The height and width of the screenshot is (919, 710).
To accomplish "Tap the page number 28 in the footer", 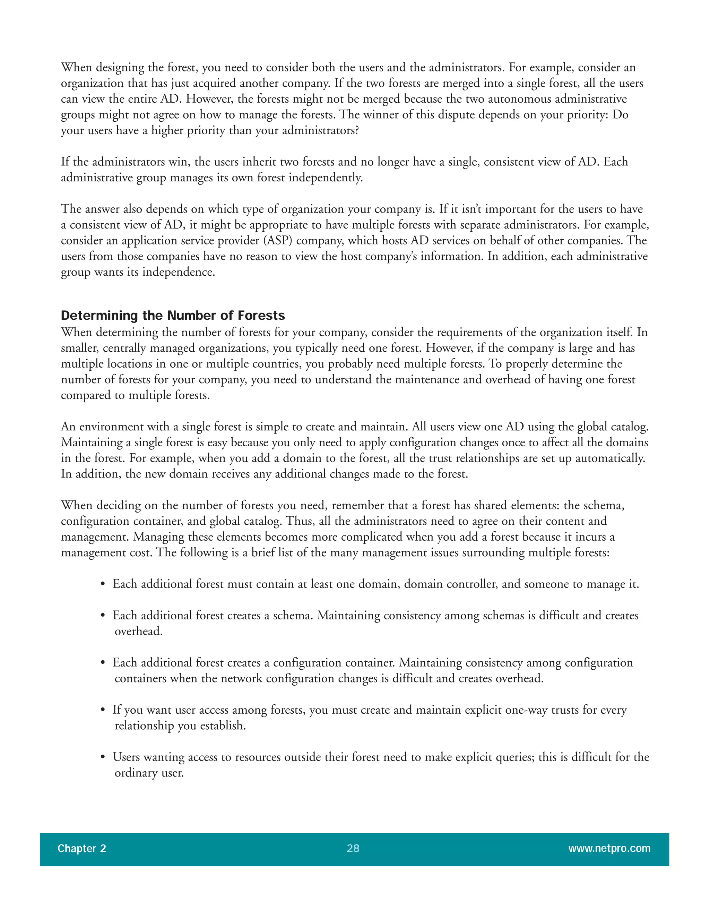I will tap(353, 848).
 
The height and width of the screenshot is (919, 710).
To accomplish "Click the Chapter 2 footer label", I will tap(81, 848).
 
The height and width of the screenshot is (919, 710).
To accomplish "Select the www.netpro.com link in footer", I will tap(609, 848).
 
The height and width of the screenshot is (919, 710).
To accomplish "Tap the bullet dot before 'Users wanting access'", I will tap(103, 757).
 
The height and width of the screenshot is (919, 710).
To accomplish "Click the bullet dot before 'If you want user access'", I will tap(103, 710).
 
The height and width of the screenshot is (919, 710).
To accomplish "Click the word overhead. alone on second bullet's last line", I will tap(138, 631).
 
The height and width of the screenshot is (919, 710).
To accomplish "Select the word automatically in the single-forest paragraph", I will tap(612, 458).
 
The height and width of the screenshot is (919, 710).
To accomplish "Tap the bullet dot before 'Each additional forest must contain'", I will tap(103, 584).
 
